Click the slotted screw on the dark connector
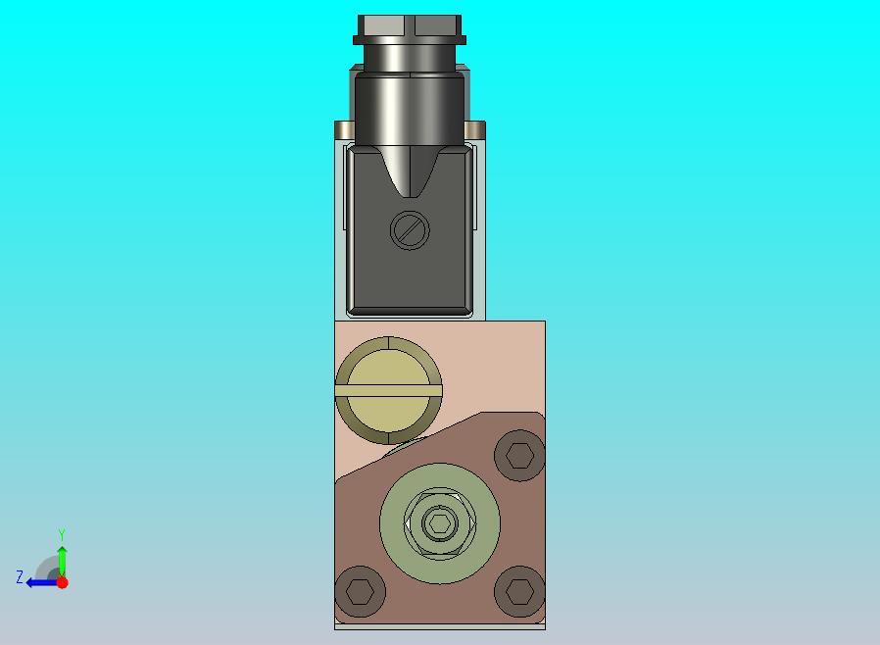tap(410, 230)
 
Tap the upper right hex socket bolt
tap(519, 455)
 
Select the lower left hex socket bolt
tap(361, 591)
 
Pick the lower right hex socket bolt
tap(519, 591)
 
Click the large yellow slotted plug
tap(388, 391)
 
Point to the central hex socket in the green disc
tap(439, 523)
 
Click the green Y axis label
tap(62, 534)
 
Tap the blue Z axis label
tap(20, 577)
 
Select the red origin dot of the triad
tap(63, 582)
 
